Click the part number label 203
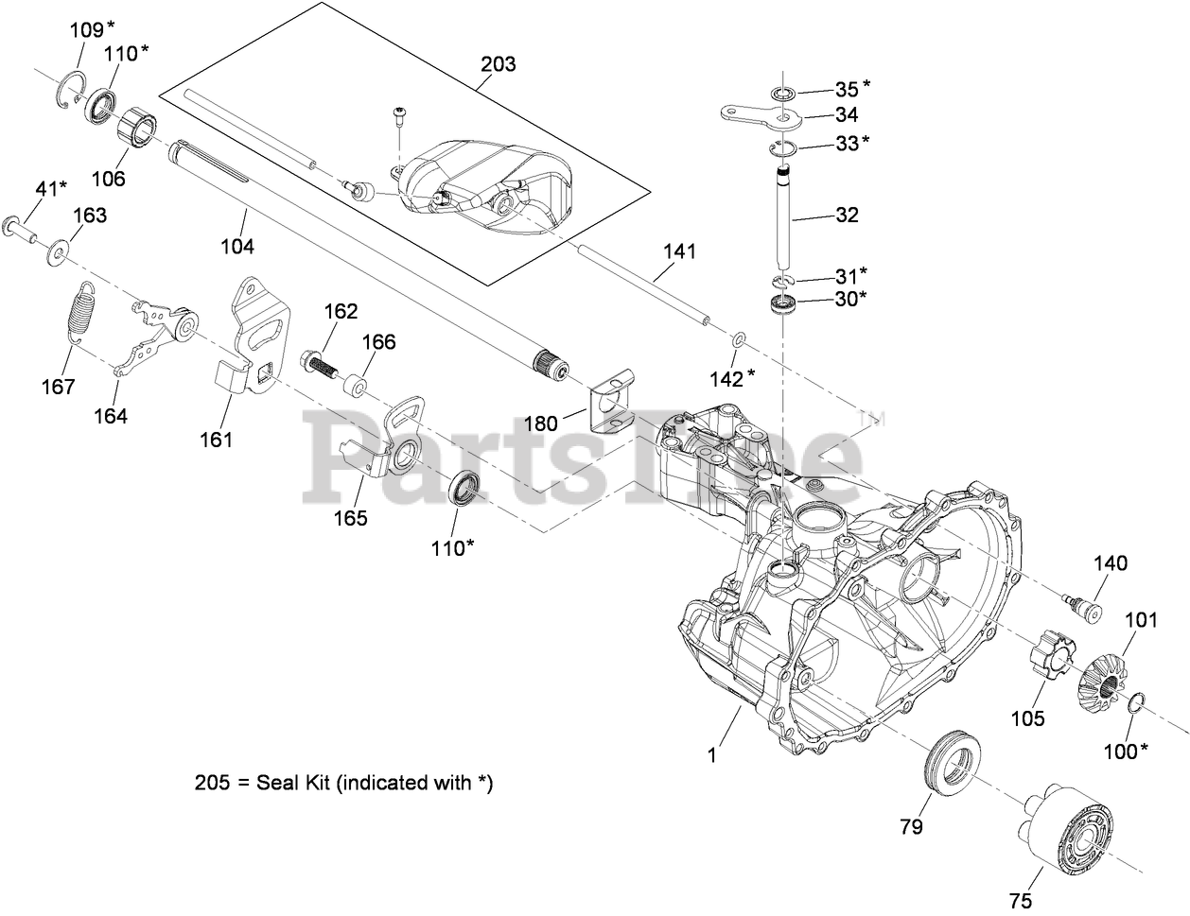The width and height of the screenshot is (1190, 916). click(x=499, y=64)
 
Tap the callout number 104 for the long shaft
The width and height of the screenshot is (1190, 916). click(x=236, y=246)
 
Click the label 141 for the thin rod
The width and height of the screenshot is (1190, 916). click(x=679, y=251)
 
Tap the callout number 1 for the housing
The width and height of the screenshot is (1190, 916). click(x=714, y=755)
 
